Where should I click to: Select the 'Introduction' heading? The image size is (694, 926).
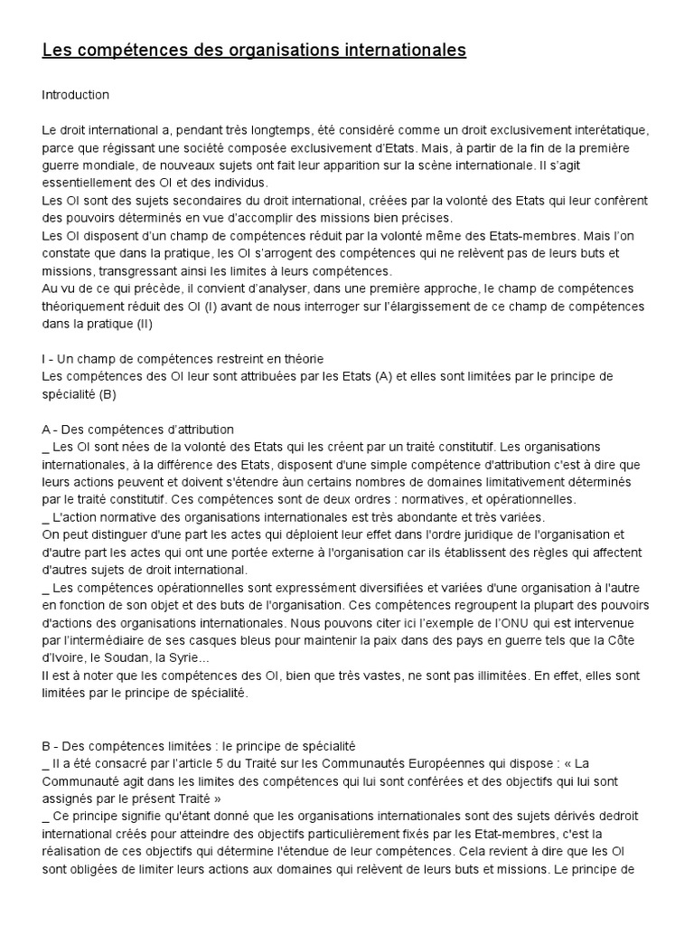(x=76, y=94)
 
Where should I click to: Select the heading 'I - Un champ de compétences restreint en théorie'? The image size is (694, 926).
(x=183, y=358)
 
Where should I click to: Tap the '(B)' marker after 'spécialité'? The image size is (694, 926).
(x=108, y=393)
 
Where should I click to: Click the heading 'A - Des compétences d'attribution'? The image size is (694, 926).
(x=138, y=429)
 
